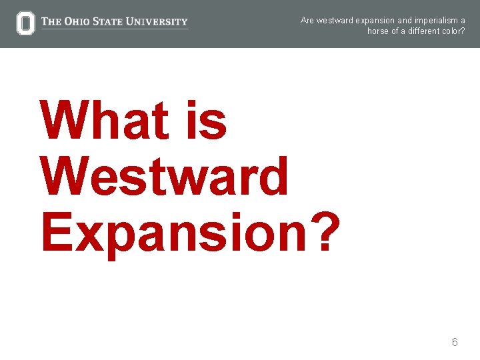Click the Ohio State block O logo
(x=25, y=23)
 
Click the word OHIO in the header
(x=77, y=22)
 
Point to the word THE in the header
(x=51, y=22)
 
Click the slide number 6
(x=455, y=342)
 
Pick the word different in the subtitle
(x=419, y=31)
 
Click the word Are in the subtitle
(x=307, y=20)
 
